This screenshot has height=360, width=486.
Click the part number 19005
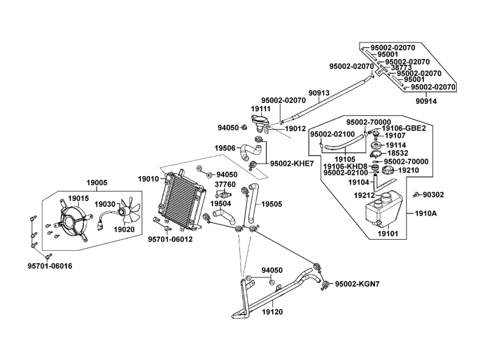97,182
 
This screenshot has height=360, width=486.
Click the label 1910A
426,214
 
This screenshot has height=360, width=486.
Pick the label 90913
318,93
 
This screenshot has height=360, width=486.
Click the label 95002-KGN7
357,284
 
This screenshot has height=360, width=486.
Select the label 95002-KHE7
292,163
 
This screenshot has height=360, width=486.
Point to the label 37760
226,184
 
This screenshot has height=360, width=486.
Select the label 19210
408,171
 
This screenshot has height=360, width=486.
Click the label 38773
402,67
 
